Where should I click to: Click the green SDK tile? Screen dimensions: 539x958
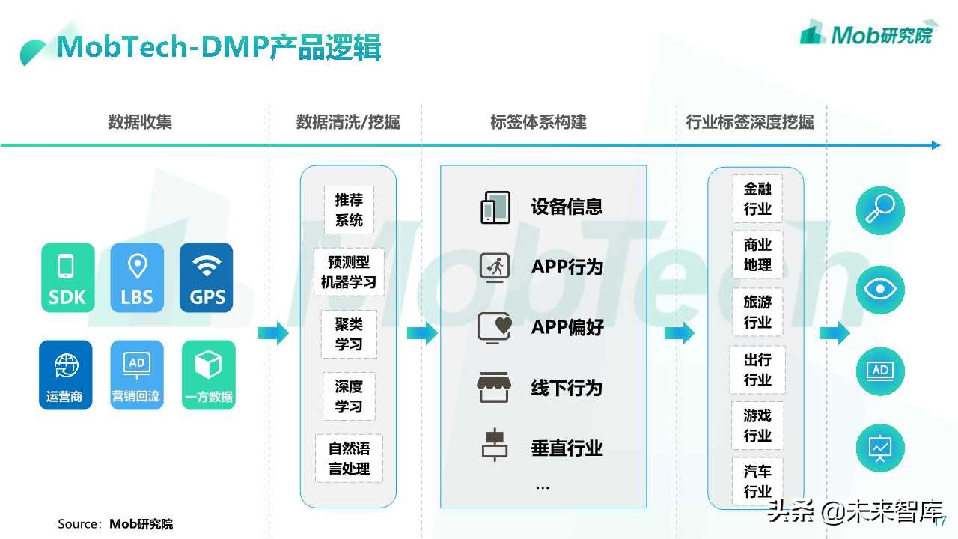point(68,278)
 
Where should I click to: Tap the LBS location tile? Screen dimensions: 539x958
point(137,278)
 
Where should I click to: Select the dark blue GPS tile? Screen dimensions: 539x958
point(207,278)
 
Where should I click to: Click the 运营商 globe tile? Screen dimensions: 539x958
point(66,375)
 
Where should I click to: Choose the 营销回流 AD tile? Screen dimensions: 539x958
point(136,375)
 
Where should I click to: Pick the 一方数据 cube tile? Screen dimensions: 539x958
point(208,375)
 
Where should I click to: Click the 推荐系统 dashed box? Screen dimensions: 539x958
point(349,210)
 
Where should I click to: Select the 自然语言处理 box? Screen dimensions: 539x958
point(349,459)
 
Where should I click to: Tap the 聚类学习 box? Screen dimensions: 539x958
point(349,334)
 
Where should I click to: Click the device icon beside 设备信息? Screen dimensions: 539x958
point(495,207)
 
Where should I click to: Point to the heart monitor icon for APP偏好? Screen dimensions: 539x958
point(495,328)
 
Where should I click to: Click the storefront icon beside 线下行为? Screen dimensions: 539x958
point(493,388)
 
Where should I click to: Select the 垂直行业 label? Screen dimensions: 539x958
point(567,448)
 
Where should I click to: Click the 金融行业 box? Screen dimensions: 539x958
point(757,199)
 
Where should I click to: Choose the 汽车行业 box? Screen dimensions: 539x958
point(757,481)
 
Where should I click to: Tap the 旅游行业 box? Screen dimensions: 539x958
point(757,312)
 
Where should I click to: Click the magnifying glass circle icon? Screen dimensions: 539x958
point(880,210)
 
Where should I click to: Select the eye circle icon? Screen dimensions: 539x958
point(880,290)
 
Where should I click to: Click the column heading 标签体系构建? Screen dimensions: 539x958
point(538,122)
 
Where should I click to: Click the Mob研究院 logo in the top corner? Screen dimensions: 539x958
point(866,34)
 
